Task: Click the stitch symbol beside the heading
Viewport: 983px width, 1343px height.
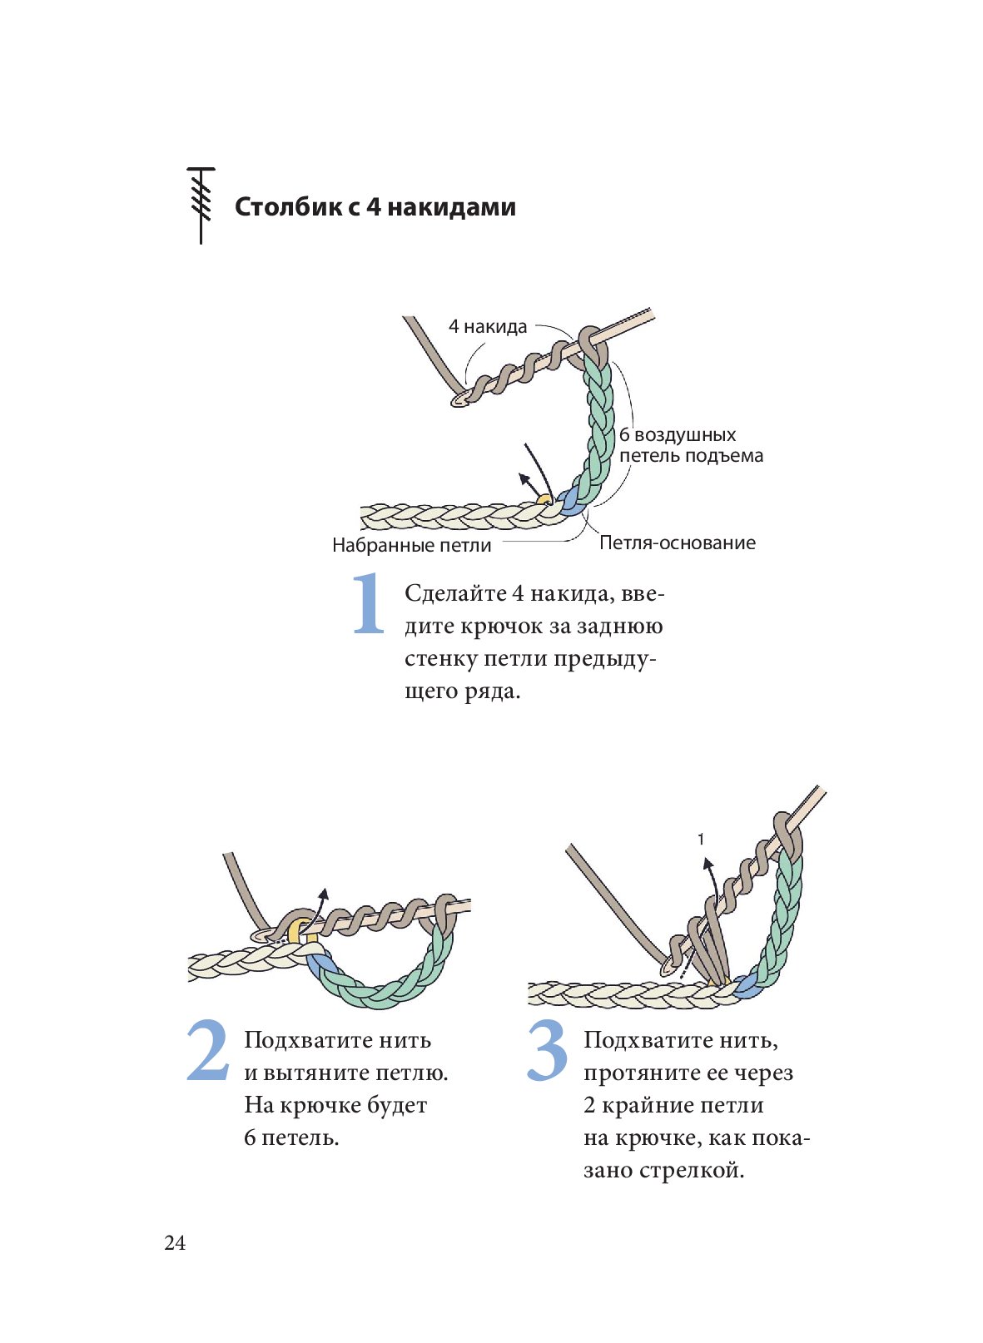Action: [x=201, y=205]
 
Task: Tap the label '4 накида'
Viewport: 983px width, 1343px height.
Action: [x=488, y=326]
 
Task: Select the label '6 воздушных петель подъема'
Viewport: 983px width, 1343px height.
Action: [x=690, y=445]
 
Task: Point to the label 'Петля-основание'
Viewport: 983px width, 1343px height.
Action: [x=677, y=543]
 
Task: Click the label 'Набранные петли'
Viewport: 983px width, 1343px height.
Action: [x=411, y=545]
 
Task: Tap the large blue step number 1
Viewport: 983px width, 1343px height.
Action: [x=369, y=604]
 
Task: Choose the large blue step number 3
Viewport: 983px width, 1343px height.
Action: [x=547, y=1052]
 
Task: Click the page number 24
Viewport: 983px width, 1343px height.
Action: [x=175, y=1242]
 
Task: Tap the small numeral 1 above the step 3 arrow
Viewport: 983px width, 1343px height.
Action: [x=701, y=839]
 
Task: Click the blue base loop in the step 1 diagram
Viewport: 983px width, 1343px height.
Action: [x=570, y=501]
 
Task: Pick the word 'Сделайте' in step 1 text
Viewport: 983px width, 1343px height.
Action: [x=454, y=593]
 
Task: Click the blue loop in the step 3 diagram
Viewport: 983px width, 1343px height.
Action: [x=746, y=988]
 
